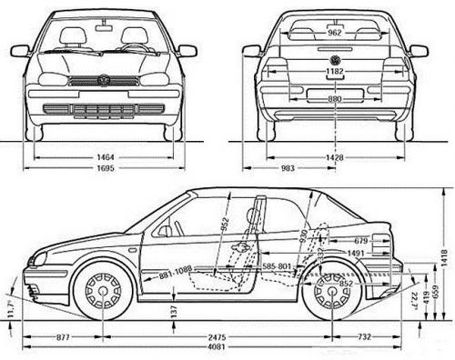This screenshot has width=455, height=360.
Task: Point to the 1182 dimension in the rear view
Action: click(x=335, y=70)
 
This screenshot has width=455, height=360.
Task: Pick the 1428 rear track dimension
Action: click(x=335, y=157)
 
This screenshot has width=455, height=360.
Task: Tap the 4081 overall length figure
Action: click(x=217, y=348)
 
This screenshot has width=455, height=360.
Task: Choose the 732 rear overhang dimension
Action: click(x=363, y=337)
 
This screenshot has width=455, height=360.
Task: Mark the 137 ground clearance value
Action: click(x=173, y=311)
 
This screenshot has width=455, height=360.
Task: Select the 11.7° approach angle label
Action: click(x=11, y=310)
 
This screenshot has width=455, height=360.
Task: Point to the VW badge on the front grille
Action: click(x=103, y=80)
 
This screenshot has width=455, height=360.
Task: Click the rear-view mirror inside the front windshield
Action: click(x=103, y=28)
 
